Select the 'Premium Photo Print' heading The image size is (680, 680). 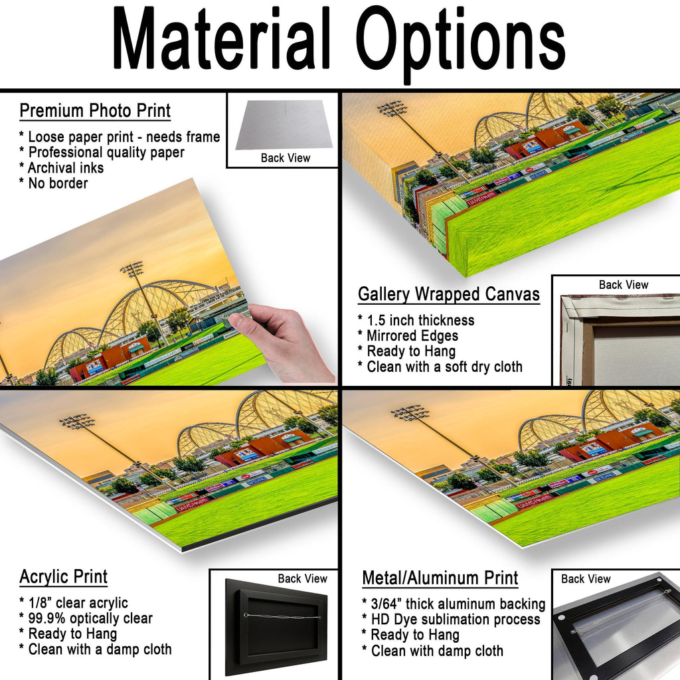coord(95,111)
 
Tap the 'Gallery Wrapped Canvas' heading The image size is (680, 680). coord(449,294)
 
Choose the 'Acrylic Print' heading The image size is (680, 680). coord(63,577)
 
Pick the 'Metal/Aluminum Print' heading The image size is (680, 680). coord(440,578)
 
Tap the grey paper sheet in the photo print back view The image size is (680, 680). coord(284,126)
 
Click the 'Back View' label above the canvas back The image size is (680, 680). coord(623,284)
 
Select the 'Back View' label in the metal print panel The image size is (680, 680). coord(586,579)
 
